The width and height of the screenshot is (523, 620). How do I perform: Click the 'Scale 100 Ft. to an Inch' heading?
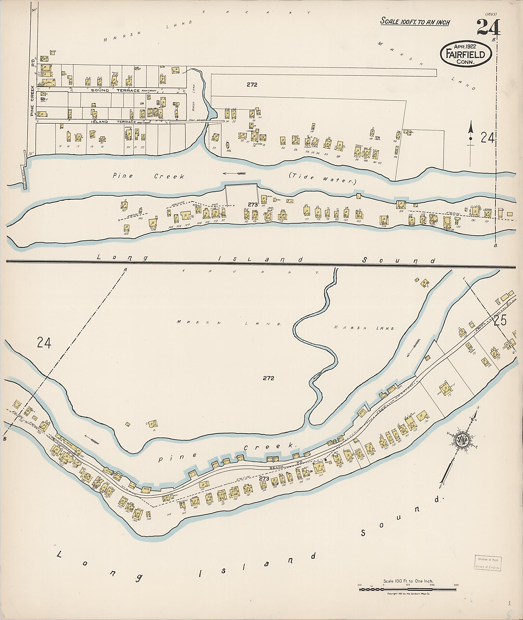coord(415,22)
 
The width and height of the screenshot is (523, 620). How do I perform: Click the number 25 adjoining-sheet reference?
coord(500,321)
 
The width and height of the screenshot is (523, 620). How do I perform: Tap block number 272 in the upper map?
coord(252,85)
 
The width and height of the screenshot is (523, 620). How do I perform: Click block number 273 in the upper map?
coord(253,204)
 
